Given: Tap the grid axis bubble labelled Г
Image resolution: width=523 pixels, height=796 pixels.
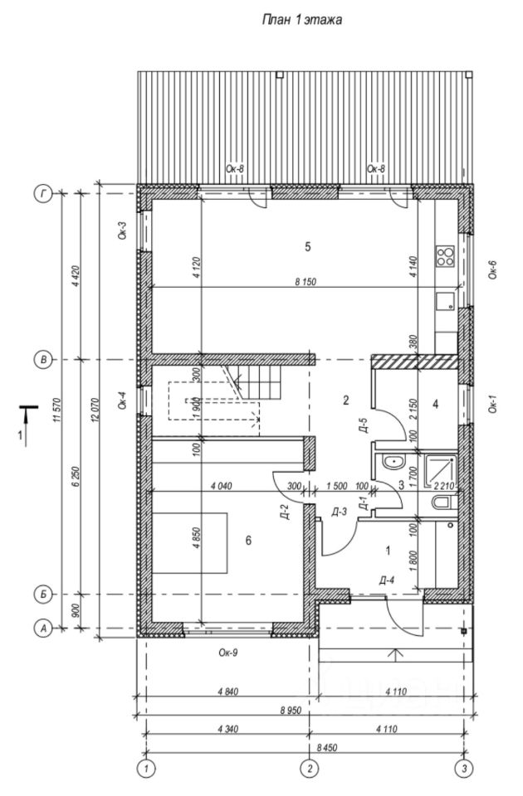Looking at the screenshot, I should coord(42,193).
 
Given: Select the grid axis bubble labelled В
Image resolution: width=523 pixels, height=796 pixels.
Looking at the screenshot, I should coord(42,360).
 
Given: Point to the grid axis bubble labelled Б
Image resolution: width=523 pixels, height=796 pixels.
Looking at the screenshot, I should coord(42,595).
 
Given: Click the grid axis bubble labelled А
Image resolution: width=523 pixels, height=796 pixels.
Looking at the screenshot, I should coord(42,629).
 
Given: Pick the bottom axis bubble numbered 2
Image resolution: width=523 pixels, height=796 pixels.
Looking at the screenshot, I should coord(309,767).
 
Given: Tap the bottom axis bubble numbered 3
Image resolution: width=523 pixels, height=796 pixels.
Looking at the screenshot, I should coord(465,767).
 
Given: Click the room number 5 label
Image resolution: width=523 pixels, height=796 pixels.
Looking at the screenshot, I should coord(307,246).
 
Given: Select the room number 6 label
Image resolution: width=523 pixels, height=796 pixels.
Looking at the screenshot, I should coord(247,540).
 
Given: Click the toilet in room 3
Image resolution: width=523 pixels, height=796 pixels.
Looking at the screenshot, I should coord(442,502).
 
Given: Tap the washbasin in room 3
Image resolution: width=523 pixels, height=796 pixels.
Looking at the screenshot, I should coord(390,462).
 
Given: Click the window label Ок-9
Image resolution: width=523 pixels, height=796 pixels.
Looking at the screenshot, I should coord(228,653).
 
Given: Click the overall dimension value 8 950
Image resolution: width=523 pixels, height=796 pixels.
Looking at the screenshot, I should coord(289,711).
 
